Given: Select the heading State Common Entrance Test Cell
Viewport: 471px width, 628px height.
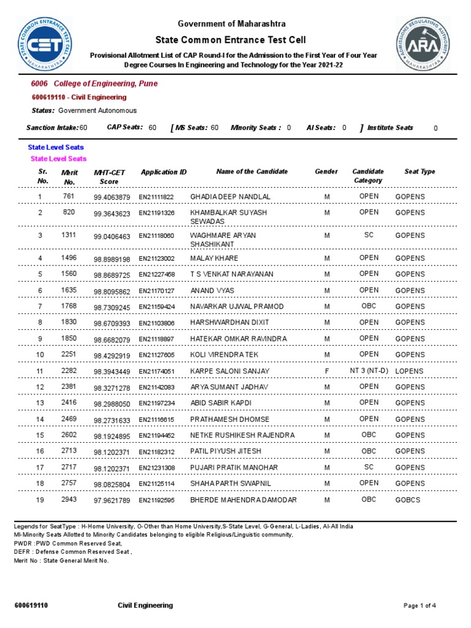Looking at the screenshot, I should coord(232,39).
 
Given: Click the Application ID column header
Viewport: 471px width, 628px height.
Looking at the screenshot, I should coord(164,172).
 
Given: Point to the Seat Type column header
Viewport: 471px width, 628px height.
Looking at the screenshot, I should coord(419,172).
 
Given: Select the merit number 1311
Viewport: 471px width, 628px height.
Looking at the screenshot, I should coord(69,235).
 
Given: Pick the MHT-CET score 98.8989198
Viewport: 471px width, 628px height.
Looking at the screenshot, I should coord(112,259).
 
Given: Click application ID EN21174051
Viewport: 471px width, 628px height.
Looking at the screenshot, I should coord(156,372).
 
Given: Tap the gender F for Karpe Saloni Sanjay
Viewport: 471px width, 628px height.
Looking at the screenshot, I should coord(327,371).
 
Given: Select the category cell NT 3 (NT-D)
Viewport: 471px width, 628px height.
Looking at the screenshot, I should coord(369,371).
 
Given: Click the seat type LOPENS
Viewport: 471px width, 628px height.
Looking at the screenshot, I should coord(410,372).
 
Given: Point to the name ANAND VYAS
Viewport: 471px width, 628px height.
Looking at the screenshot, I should coord(212,291).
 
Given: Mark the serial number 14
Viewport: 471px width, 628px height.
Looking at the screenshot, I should coord(40,419).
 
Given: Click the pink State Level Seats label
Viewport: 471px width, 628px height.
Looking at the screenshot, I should coord(59,159).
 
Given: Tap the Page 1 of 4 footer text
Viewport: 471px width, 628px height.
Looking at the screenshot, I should coord(419,606).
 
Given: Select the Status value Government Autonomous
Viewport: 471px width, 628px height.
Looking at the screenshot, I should coord(98,110).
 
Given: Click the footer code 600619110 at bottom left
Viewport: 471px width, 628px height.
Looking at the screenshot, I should coord(31,606).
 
